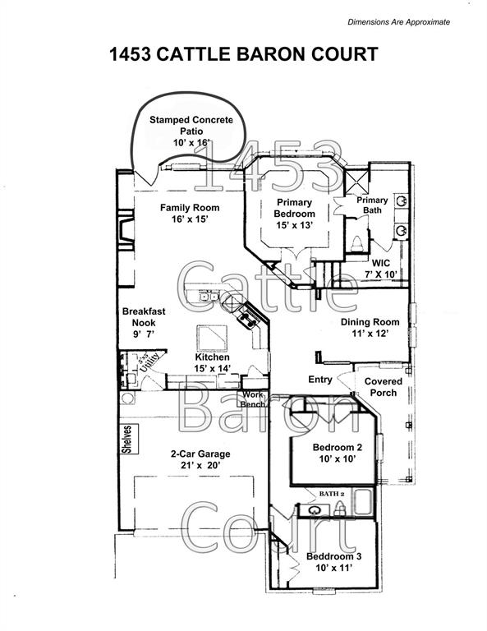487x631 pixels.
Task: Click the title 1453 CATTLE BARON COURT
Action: [243, 55]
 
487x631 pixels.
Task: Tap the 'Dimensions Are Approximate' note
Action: [399, 21]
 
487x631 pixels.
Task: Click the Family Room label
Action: [190, 214]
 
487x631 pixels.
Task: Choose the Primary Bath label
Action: [371, 205]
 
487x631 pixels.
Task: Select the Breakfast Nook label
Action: [145, 317]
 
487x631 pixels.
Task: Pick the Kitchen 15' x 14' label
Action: [212, 363]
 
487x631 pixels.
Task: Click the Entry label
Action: [320, 380]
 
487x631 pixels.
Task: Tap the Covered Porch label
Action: [383, 387]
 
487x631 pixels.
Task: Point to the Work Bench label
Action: [251, 400]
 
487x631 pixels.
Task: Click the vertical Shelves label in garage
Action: [127, 439]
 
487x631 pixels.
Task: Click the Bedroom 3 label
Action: [333, 562]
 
